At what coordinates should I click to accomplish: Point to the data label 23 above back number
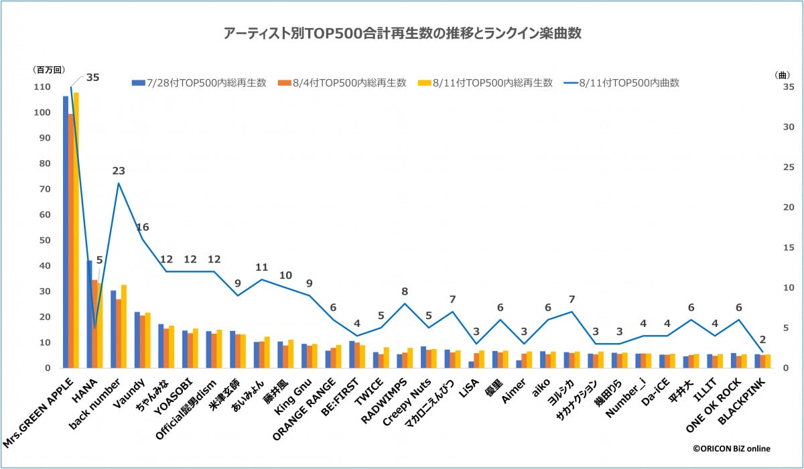coord(119,170)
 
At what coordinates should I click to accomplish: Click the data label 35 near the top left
coord(92,77)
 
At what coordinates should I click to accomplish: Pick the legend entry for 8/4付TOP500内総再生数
coord(348,82)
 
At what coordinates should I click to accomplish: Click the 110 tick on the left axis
coord(42,87)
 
